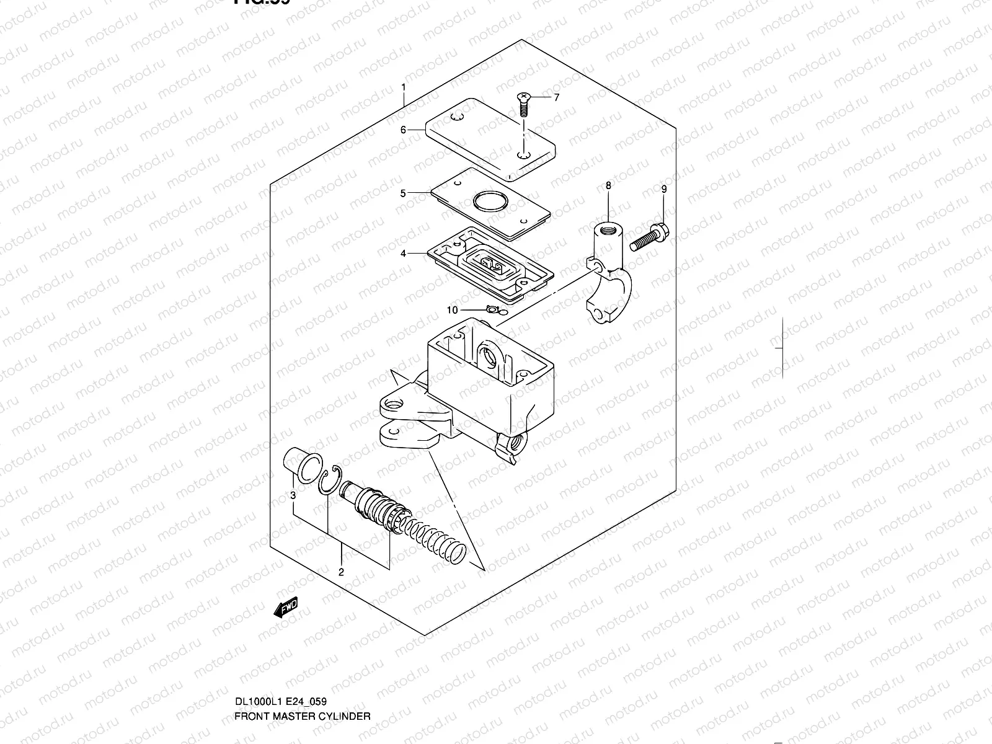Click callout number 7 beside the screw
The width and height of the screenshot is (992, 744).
(556, 98)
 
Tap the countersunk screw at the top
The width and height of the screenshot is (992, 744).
(523, 105)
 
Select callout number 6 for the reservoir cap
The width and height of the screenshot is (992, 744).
(403, 130)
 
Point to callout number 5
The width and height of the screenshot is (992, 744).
(403, 193)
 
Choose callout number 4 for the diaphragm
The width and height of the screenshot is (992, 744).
(403, 254)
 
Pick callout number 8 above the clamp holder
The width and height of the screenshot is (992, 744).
(608, 185)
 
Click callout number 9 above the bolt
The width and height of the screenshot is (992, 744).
(663, 189)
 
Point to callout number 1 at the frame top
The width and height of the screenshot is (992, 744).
(403, 87)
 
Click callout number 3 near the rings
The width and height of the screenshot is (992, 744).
(293, 495)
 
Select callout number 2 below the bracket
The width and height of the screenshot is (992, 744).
(341, 572)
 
